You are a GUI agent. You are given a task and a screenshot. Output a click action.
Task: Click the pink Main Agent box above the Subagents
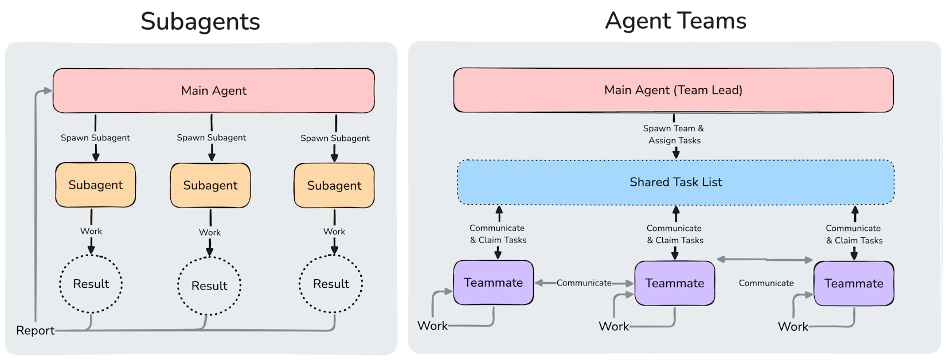coord(213,91)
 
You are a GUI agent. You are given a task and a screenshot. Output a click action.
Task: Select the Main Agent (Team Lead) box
coord(673,90)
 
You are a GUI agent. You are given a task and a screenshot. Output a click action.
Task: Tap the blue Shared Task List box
coord(675,182)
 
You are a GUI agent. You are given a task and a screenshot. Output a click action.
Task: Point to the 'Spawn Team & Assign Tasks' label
coord(674,135)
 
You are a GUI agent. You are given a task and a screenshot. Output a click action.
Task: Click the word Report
coord(35,331)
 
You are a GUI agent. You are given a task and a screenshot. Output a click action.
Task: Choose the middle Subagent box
coord(210,185)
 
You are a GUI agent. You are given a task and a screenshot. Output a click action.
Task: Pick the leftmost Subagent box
coord(95,185)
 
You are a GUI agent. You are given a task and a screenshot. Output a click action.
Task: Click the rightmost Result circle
coord(331,284)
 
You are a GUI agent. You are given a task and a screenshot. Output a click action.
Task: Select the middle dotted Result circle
coord(209,285)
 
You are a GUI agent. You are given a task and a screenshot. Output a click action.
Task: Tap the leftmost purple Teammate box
coord(493,283)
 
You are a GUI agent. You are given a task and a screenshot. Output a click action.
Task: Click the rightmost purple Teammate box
coord(854,283)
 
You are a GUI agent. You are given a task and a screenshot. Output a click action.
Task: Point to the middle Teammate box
coord(674,283)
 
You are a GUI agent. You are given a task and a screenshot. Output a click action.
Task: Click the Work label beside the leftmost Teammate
coord(432,326)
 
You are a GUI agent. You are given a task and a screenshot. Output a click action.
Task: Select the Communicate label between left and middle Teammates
coord(584,283)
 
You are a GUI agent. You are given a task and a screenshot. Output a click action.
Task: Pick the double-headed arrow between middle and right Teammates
coord(765,260)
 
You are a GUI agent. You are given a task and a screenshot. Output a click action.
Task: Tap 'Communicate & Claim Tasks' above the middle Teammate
coord(675,234)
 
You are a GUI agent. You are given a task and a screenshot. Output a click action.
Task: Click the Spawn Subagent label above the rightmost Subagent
coord(335,138)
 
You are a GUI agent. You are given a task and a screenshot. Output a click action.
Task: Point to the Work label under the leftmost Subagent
coord(91,231)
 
